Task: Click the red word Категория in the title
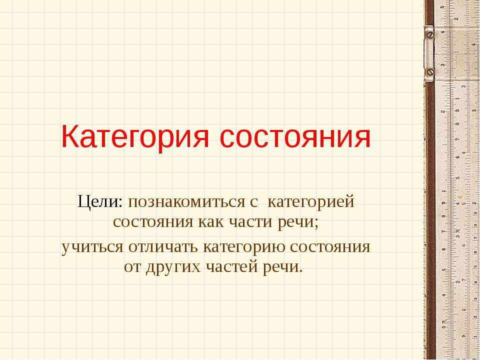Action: (135, 137)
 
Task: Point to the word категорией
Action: (311, 203)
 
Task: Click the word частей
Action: (231, 265)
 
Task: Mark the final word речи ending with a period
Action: (282, 265)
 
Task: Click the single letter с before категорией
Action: (253, 203)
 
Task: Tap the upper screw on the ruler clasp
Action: (430, 35)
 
